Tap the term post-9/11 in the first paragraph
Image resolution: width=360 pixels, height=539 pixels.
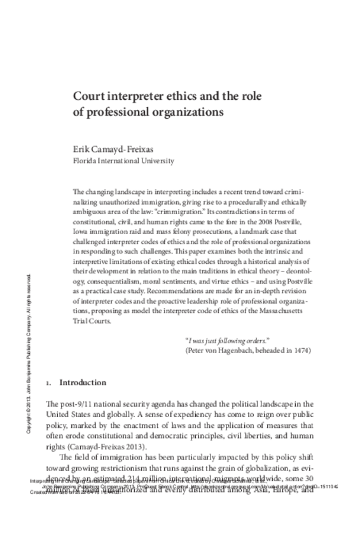(71, 405)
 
